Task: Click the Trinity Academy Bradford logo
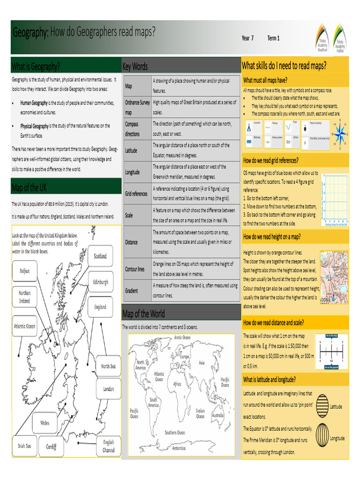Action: (x=321, y=36)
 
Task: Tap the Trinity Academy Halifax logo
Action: (x=340, y=36)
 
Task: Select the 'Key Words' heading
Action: (x=135, y=67)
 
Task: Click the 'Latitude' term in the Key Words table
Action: (x=131, y=151)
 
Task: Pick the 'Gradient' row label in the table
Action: (x=132, y=291)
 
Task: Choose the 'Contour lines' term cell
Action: (x=135, y=270)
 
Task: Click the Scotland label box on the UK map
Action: (x=100, y=256)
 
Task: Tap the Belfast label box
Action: (x=24, y=271)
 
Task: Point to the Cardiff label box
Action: (x=51, y=447)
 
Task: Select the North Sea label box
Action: (x=108, y=366)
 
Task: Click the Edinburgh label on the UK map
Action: (x=100, y=282)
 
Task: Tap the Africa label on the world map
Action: (x=177, y=383)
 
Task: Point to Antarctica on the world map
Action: (x=179, y=448)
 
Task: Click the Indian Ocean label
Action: (x=200, y=413)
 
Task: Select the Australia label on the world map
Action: (x=217, y=415)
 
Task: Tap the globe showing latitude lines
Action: (x=322, y=404)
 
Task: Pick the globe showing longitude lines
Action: (x=322, y=432)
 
